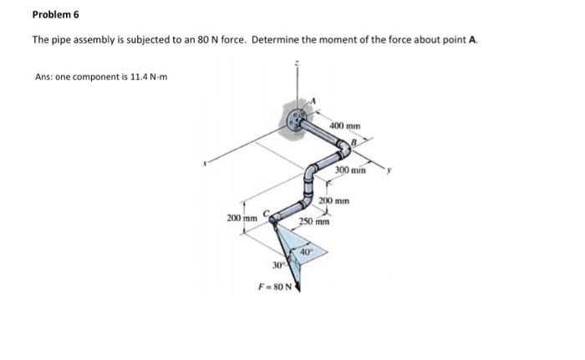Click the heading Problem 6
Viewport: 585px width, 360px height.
[56, 14]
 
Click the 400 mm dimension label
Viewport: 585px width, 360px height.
[345, 126]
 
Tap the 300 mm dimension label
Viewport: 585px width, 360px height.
[350, 170]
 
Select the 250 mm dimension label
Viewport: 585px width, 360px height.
[314, 221]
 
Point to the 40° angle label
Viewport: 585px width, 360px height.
[306, 251]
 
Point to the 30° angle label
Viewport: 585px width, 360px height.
[278, 266]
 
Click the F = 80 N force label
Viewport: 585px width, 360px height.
[275, 286]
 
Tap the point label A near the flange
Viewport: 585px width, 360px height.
[313, 100]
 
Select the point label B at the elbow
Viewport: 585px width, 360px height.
[354, 142]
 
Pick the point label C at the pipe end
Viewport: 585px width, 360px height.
[267, 213]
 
